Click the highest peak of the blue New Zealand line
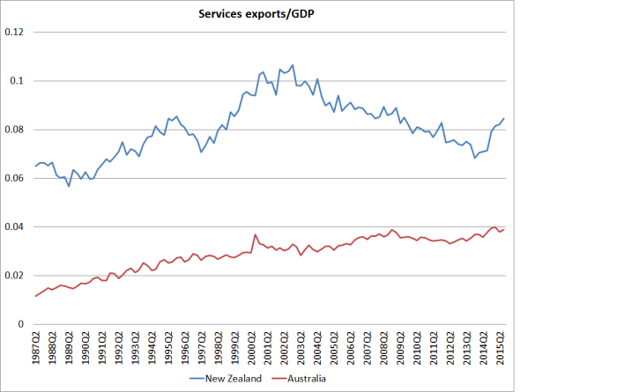point(293,64)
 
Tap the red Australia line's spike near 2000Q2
point(256,234)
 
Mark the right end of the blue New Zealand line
point(504,118)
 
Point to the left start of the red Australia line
point(35,296)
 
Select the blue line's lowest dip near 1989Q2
point(69,186)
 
